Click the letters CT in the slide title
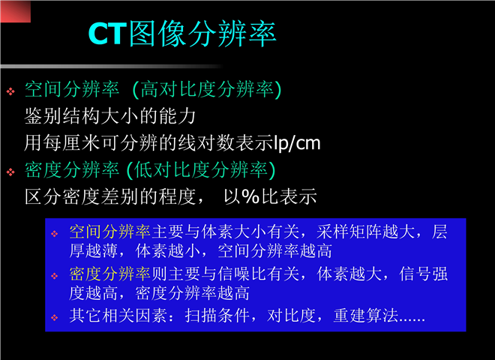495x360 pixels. (107, 34)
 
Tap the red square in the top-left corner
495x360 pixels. (16, 12)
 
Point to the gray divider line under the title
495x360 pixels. (112, 66)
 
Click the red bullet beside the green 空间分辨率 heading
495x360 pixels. (10, 91)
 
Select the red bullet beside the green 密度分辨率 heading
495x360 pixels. (10, 172)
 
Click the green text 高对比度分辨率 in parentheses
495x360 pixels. (207, 89)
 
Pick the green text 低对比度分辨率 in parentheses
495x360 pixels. (201, 169)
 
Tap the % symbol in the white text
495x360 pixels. (250, 196)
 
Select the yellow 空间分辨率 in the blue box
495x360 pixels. (109, 232)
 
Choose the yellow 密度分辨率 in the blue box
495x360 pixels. (109, 274)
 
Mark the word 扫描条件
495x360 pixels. (217, 316)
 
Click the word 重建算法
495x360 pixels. (365, 316)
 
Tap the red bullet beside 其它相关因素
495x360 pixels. (55, 317)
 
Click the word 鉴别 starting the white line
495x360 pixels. (43, 116)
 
